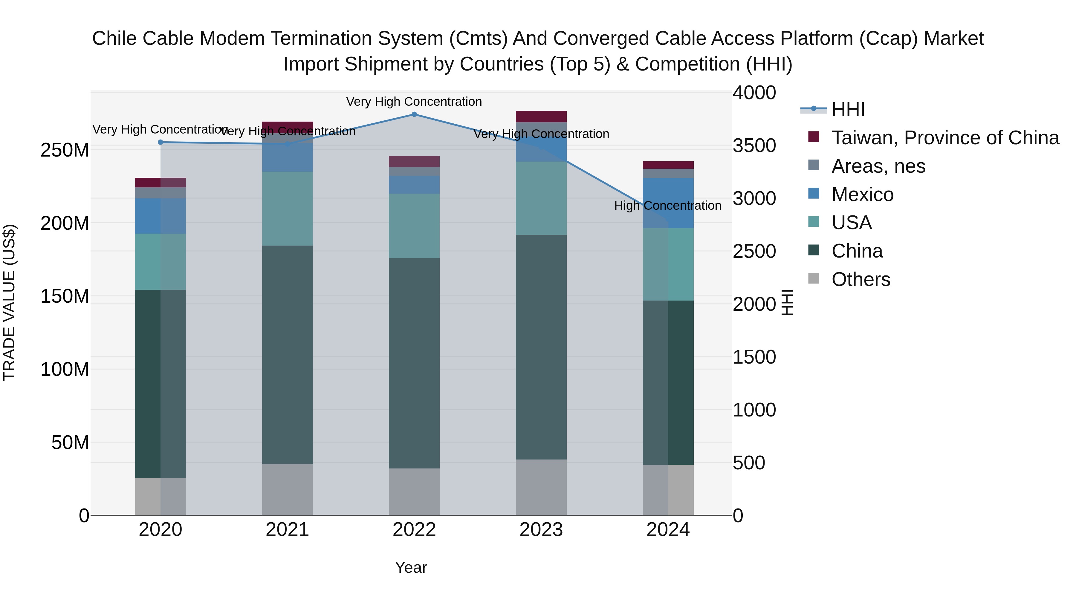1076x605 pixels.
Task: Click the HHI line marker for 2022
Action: (414, 114)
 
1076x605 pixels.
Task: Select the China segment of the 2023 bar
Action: (541, 347)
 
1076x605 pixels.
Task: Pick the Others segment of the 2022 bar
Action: (414, 491)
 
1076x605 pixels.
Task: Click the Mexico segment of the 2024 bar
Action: (668, 203)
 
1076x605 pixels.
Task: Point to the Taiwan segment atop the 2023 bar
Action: (541, 117)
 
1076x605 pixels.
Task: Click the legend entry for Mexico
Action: (862, 194)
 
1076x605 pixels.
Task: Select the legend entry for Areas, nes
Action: (878, 166)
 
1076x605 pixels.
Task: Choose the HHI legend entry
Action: (848, 109)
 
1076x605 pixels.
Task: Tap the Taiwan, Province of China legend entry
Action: (945, 138)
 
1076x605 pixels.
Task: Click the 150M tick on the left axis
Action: (65, 296)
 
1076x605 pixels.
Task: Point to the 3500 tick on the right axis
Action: (754, 146)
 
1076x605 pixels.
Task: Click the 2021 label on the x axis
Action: (287, 530)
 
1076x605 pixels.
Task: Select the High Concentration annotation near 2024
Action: (667, 206)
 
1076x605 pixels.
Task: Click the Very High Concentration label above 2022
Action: (414, 102)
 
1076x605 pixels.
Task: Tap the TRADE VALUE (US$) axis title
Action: (9, 302)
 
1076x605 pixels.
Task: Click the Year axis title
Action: (411, 567)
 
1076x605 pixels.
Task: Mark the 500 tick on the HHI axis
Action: (749, 462)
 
